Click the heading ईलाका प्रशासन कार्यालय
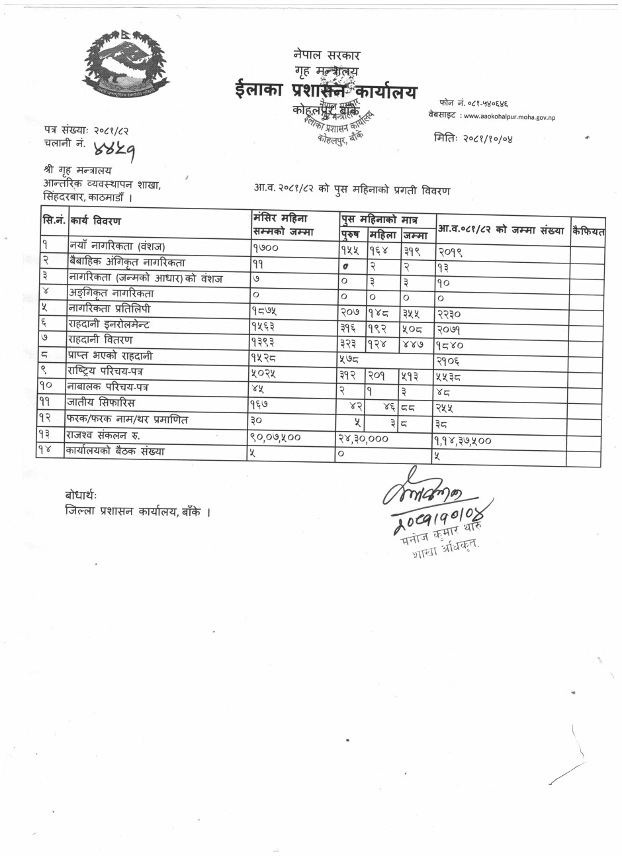(326, 91)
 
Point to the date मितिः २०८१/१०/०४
(474, 138)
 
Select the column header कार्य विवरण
(95, 220)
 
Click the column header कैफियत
(588, 231)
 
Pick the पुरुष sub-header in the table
(351, 234)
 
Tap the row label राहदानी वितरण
(100, 340)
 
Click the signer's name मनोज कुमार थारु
(443, 536)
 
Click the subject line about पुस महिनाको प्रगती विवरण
(352, 191)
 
